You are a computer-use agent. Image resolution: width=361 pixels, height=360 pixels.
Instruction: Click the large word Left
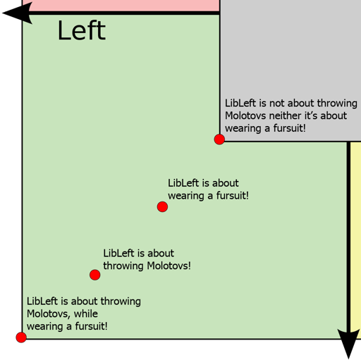coord(82,30)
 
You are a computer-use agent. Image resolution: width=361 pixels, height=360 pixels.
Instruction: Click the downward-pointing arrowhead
coord(348,344)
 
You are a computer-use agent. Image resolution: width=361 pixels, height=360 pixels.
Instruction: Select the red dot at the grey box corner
coord(219,139)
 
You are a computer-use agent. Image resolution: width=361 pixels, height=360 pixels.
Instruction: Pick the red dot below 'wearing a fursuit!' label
coord(162,206)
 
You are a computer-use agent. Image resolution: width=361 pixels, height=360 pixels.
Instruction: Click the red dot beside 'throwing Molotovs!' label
coord(95,275)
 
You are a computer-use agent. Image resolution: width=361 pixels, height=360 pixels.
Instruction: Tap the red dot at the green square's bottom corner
coord(21,337)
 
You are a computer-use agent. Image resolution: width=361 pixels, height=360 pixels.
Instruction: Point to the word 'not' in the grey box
coord(277,103)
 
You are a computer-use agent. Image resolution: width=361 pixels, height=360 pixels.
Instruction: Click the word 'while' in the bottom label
coord(86,314)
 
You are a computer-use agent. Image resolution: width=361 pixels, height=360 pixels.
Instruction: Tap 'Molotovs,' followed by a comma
coord(49,314)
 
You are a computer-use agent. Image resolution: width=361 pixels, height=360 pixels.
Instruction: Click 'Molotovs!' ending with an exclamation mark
coord(169,266)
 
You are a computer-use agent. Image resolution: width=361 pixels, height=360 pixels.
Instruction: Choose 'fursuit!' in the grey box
coord(289,128)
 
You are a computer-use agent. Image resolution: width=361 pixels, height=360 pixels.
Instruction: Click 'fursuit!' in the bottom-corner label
coord(91,326)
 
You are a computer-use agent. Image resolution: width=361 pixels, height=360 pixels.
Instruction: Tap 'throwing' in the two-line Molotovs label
coord(123,266)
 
